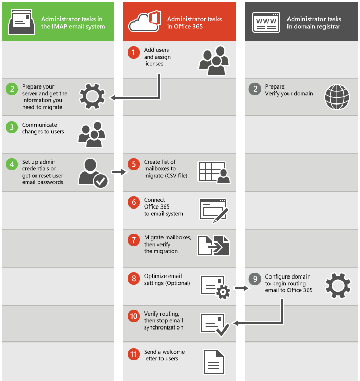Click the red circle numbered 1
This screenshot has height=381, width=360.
[134, 53]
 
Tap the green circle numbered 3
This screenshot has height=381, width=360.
[12, 127]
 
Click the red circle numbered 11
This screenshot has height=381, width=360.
[134, 354]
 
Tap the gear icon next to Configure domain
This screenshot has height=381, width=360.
[338, 286]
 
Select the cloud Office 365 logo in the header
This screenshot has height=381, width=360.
[145, 22]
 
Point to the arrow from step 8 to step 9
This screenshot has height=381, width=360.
[240, 288]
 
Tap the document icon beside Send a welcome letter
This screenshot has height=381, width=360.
[213, 361]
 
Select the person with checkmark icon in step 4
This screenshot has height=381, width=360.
[93, 172]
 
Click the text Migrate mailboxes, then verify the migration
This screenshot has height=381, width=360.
[168, 244]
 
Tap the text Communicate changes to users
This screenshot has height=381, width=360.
[43, 128]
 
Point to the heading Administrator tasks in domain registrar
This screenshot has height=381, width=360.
[314, 23]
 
